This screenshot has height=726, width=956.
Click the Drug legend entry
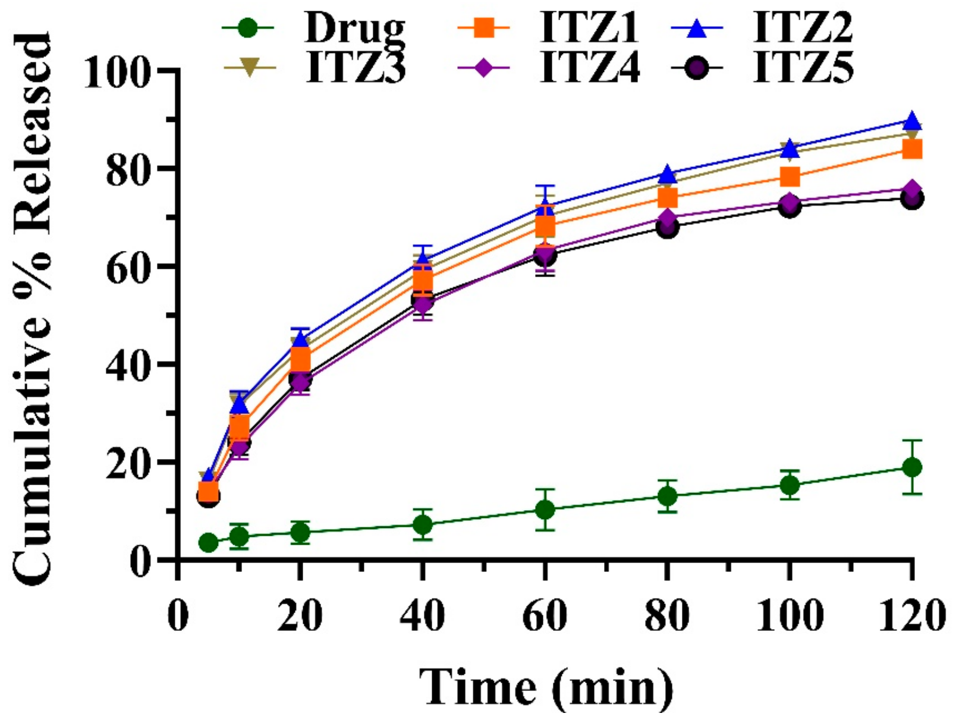354,29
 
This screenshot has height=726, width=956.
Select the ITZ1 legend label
589,29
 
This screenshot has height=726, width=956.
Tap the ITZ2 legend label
803,29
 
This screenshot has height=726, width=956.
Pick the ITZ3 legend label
356,68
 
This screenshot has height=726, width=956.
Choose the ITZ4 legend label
589,68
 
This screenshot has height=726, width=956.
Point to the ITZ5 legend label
803,68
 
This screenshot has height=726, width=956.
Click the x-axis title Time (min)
546,688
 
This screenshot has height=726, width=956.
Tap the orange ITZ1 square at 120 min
912,149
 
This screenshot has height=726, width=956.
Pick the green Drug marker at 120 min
912,467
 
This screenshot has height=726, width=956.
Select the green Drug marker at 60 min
545,510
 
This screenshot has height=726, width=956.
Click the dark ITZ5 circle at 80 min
668,228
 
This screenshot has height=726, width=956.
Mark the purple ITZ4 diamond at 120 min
912,189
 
